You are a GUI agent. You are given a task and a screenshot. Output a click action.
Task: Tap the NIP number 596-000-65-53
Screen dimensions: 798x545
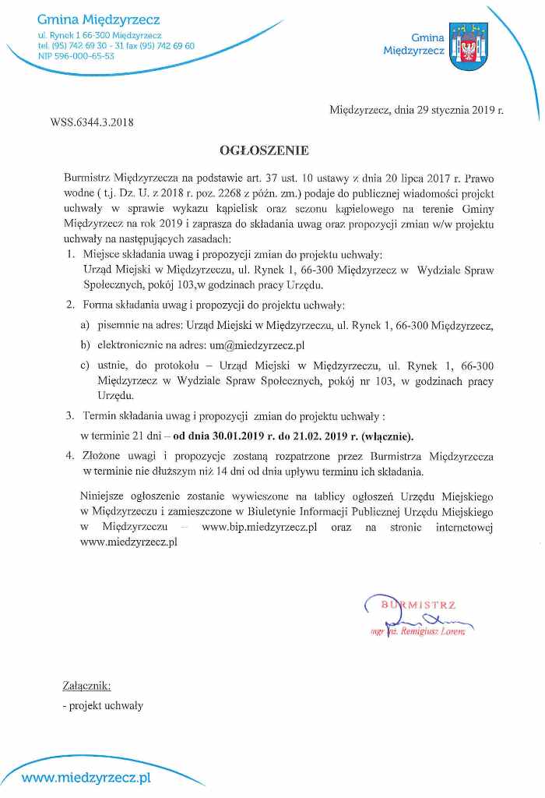(x=82, y=56)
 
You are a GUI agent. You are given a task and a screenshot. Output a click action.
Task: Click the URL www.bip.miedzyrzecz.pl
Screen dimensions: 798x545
(x=258, y=528)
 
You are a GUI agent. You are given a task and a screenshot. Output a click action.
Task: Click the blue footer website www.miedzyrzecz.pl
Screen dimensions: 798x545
(x=86, y=778)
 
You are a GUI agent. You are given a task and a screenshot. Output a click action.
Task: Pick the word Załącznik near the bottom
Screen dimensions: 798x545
(x=86, y=687)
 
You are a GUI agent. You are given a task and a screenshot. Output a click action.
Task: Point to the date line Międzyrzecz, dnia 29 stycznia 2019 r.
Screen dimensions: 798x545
(x=417, y=110)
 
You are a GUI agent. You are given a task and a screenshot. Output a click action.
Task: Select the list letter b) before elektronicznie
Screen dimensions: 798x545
(x=86, y=344)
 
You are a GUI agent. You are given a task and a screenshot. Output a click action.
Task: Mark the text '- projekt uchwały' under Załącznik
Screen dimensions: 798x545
(x=103, y=705)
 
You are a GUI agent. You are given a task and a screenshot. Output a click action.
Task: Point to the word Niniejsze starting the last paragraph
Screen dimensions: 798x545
(x=102, y=495)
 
